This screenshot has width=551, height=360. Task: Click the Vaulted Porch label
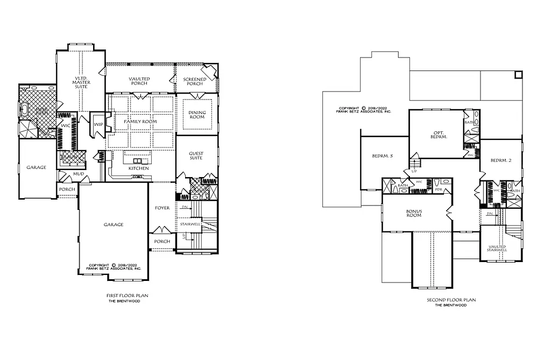pyautogui.click(x=139, y=81)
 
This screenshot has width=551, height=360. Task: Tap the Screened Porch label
pyautogui.click(x=195, y=81)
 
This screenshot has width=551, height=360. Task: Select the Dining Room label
pyautogui.click(x=197, y=115)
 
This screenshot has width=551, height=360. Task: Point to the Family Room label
pyautogui.click(x=140, y=122)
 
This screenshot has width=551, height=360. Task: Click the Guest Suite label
pyautogui.click(x=196, y=156)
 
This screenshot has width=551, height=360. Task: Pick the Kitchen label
pyautogui.click(x=138, y=168)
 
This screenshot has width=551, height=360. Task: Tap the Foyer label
pyautogui.click(x=162, y=208)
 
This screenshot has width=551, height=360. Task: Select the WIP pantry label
pyautogui.click(x=98, y=124)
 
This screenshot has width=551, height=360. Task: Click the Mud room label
pyautogui.click(x=63, y=175)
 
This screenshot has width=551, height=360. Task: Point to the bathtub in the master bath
pyautogui.click(x=24, y=110)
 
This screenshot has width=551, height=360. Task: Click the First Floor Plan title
pyautogui.click(x=127, y=296)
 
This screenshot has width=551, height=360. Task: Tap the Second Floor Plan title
pyautogui.click(x=451, y=300)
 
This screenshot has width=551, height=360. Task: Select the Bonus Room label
pyautogui.click(x=414, y=213)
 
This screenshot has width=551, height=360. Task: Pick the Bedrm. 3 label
pyautogui.click(x=383, y=156)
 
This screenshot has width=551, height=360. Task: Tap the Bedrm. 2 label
pyautogui.click(x=501, y=160)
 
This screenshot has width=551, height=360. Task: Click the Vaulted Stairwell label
pyautogui.click(x=498, y=248)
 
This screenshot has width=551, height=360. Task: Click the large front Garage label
pyautogui.click(x=113, y=224)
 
